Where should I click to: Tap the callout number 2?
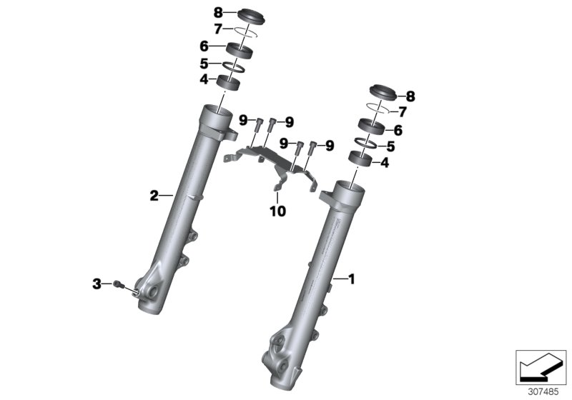coord(153,194)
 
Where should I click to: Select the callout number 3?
coord(97,284)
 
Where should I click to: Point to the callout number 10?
coord(277,211)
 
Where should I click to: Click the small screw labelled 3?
coord(118,285)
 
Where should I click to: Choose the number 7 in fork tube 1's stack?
coord(402,112)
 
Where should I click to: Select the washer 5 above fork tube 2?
coord(234,66)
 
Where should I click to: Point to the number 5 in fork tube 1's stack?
coord(390,146)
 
